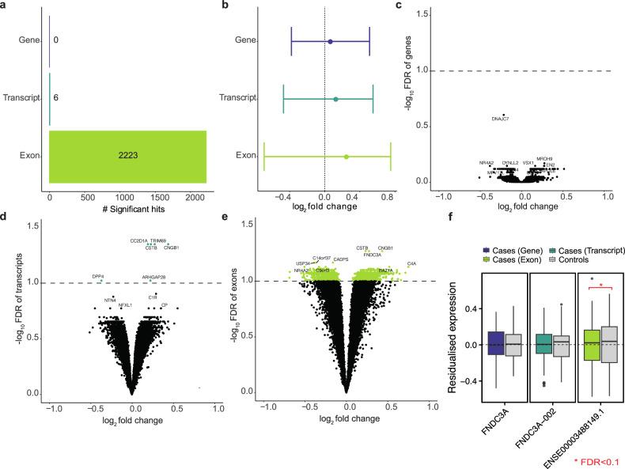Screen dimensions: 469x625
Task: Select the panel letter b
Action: click(x=226, y=6)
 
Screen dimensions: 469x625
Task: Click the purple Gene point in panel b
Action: click(x=330, y=41)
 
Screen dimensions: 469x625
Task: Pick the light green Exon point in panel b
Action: click(x=347, y=157)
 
